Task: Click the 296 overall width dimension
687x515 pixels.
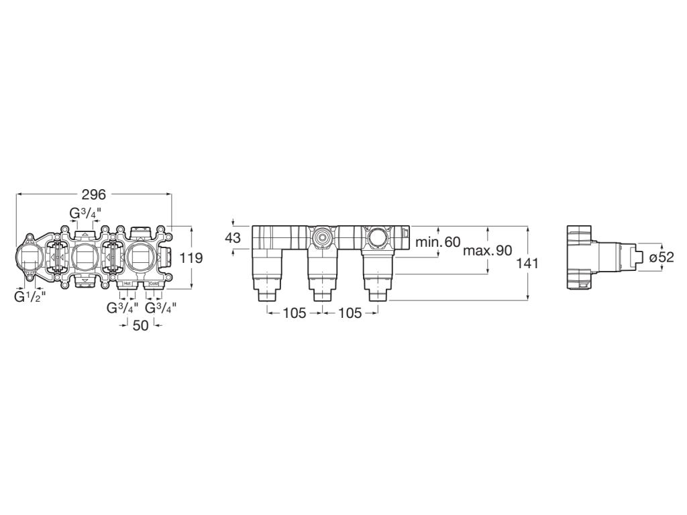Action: (x=94, y=194)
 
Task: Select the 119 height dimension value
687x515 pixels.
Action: (x=191, y=258)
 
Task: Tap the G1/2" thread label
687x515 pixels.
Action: (x=30, y=296)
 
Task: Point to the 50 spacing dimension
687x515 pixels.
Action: (x=140, y=325)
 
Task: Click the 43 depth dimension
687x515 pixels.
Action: (x=232, y=238)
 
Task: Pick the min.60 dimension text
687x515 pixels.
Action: (x=437, y=242)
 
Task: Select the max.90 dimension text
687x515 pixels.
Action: (x=487, y=250)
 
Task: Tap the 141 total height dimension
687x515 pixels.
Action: (x=528, y=264)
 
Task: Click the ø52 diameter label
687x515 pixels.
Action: (x=661, y=257)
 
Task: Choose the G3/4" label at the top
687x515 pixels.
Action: (x=86, y=213)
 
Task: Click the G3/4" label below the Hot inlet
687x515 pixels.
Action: (x=123, y=308)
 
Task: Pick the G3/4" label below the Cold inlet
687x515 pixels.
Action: (x=161, y=308)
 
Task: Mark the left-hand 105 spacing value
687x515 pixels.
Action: (x=293, y=312)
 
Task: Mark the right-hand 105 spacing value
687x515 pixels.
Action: (x=349, y=312)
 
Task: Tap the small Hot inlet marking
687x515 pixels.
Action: (x=127, y=284)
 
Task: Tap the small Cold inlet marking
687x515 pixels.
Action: (x=153, y=284)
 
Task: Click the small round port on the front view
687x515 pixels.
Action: (x=322, y=237)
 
